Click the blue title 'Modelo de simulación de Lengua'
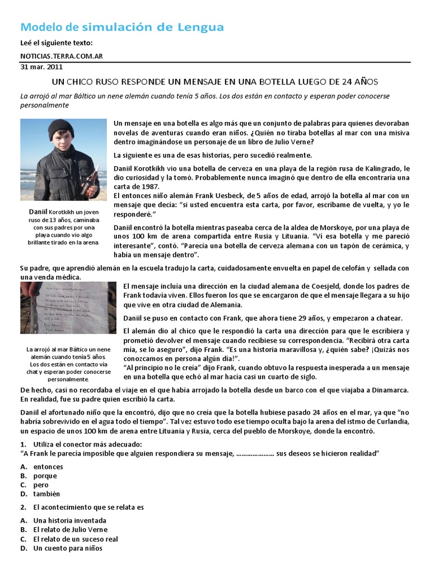[122, 27]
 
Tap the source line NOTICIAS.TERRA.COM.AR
[61, 56]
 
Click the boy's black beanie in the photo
[60, 129]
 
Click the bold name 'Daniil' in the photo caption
[38, 212]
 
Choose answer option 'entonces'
[48, 467]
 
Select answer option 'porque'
[45, 476]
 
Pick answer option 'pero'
[41, 485]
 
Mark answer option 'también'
[46, 494]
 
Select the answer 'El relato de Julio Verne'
[70, 529]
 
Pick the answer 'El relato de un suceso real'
[75, 539]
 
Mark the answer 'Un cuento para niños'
[67, 548]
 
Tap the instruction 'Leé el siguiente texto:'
[56, 43]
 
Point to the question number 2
[22, 507]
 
